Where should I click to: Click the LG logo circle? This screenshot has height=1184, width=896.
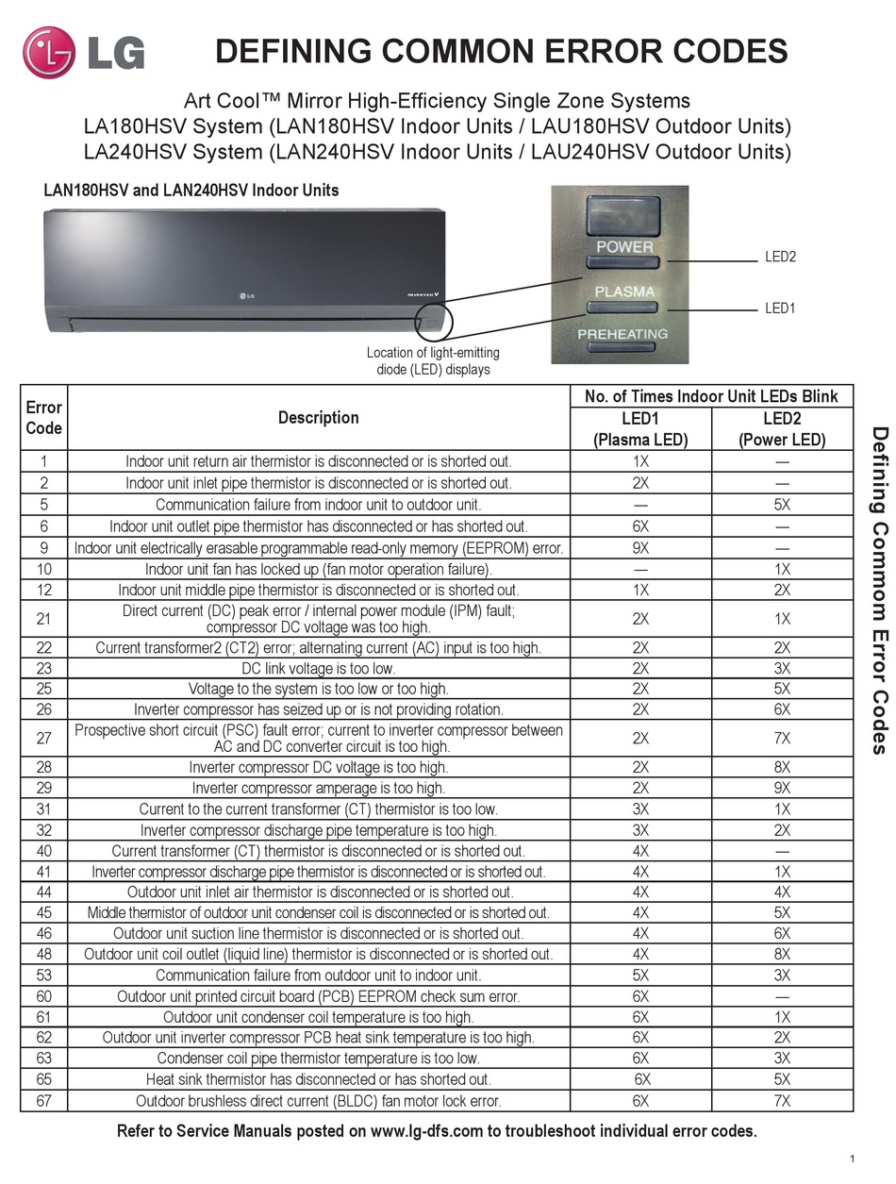point(47,52)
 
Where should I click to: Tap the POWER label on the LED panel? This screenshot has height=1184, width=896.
point(624,246)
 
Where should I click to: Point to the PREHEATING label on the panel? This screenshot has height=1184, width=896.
point(622,334)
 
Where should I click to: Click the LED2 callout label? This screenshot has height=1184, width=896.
point(779,257)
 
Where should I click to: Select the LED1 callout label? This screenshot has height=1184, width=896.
point(779,308)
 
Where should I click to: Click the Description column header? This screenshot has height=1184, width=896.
point(318,417)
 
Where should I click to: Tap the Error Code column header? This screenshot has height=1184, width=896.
point(43,417)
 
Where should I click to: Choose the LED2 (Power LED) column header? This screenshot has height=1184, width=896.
point(782,428)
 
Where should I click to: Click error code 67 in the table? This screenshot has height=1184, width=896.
point(43,1100)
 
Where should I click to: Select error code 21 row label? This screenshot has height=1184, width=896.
point(43,618)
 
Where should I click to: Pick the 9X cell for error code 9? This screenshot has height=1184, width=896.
point(640,548)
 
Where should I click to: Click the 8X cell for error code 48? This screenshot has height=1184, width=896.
point(782,954)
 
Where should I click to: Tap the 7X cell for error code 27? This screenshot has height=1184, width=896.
point(782,738)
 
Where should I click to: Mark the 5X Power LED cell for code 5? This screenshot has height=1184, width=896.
point(782,505)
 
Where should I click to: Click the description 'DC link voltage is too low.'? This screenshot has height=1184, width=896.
point(318,668)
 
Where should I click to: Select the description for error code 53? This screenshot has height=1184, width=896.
point(318,975)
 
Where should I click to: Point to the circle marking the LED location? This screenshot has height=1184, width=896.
point(434,321)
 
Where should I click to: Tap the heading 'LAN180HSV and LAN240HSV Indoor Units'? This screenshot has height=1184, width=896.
point(191,191)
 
